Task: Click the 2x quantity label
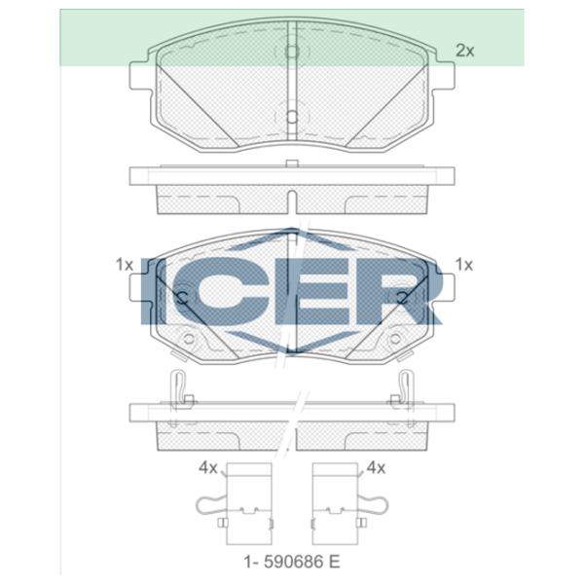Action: pyautogui.click(x=465, y=51)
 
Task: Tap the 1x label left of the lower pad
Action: pyautogui.click(x=125, y=265)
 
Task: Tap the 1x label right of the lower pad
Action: pyautogui.click(x=464, y=265)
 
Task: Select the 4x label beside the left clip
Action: pyautogui.click(x=208, y=468)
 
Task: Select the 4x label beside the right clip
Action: pyautogui.click(x=376, y=468)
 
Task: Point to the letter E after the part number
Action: pyautogui.click(x=335, y=562)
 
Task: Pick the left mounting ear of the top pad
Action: pyautogui.click(x=139, y=76)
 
